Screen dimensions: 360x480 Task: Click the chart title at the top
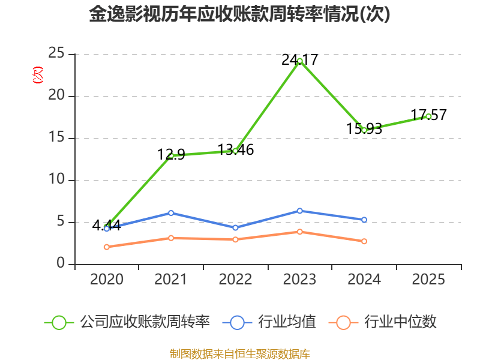(x=240, y=14)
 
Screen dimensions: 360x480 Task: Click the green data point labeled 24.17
(x=299, y=60)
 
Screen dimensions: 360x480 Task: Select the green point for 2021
(x=171, y=155)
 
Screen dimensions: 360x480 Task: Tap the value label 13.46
(x=236, y=150)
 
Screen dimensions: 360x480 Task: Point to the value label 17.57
(x=428, y=115)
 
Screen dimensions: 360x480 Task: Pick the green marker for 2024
(x=364, y=130)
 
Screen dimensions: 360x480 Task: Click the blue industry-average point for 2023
(x=299, y=211)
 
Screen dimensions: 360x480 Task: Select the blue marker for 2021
(x=171, y=213)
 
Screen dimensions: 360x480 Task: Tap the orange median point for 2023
(x=299, y=232)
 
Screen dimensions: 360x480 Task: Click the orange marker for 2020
(x=107, y=247)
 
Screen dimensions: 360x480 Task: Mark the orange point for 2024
(x=364, y=241)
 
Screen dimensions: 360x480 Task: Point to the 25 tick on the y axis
(x=56, y=54)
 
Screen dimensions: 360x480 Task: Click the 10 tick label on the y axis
(x=56, y=181)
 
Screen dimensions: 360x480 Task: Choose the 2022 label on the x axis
(x=235, y=280)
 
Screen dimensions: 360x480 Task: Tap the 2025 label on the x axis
(x=428, y=280)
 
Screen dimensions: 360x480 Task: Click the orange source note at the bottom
(x=240, y=353)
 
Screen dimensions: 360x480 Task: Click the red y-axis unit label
(x=37, y=75)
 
